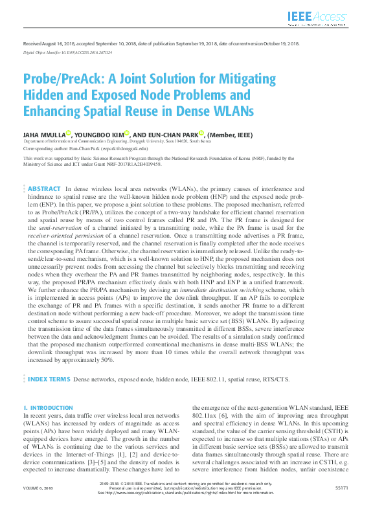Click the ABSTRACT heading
44,188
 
